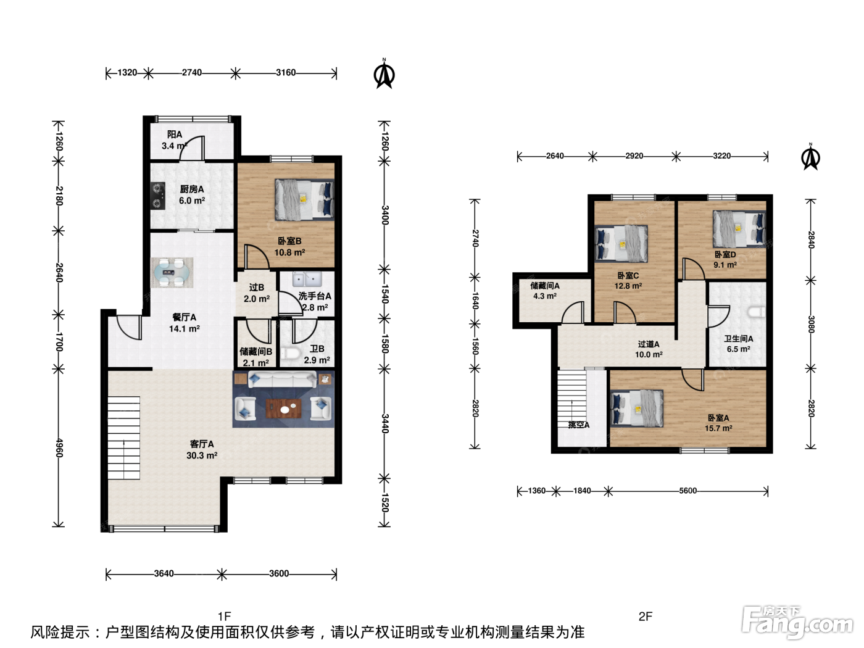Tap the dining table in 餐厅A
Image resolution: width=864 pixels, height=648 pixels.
172,272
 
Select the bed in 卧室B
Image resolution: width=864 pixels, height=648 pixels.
304,199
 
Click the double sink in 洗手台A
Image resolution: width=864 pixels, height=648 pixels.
307,279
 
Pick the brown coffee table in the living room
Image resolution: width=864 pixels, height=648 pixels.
284,409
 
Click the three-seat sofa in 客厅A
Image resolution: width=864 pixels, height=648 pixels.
282,380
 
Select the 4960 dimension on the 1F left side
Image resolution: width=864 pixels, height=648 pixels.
59,448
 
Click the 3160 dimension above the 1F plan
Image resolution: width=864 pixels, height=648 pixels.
286,73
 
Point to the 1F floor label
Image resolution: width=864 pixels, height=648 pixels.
225,616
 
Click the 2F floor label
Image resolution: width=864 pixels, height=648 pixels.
646,616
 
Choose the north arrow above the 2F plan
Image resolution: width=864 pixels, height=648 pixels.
810,157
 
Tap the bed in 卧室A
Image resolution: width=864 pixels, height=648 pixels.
637,409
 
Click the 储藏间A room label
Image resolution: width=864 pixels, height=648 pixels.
545,286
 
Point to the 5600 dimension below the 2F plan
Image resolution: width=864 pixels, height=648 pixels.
687,491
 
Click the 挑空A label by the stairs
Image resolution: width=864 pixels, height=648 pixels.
579,425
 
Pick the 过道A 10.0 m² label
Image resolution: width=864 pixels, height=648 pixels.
649,349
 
